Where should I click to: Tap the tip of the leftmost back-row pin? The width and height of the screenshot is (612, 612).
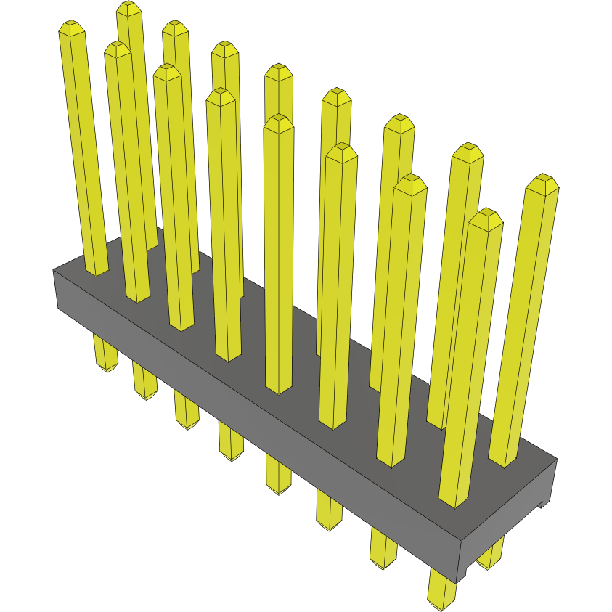pyautogui.click(x=128, y=8)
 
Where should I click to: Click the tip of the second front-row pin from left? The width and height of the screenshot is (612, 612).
pyautogui.click(x=118, y=49)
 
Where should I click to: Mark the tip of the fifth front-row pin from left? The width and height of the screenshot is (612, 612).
pyautogui.click(x=279, y=121)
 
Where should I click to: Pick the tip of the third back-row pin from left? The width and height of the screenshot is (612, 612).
pyautogui.click(x=226, y=49)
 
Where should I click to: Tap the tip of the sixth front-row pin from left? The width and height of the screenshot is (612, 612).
pyautogui.click(x=341, y=150)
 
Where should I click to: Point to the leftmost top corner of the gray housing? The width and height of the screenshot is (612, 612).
pyautogui.click(x=54, y=270)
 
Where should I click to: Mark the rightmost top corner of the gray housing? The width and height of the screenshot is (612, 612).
pyautogui.click(x=557, y=459)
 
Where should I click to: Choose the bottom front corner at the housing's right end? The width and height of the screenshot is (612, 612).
pyautogui.click(x=457, y=582)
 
